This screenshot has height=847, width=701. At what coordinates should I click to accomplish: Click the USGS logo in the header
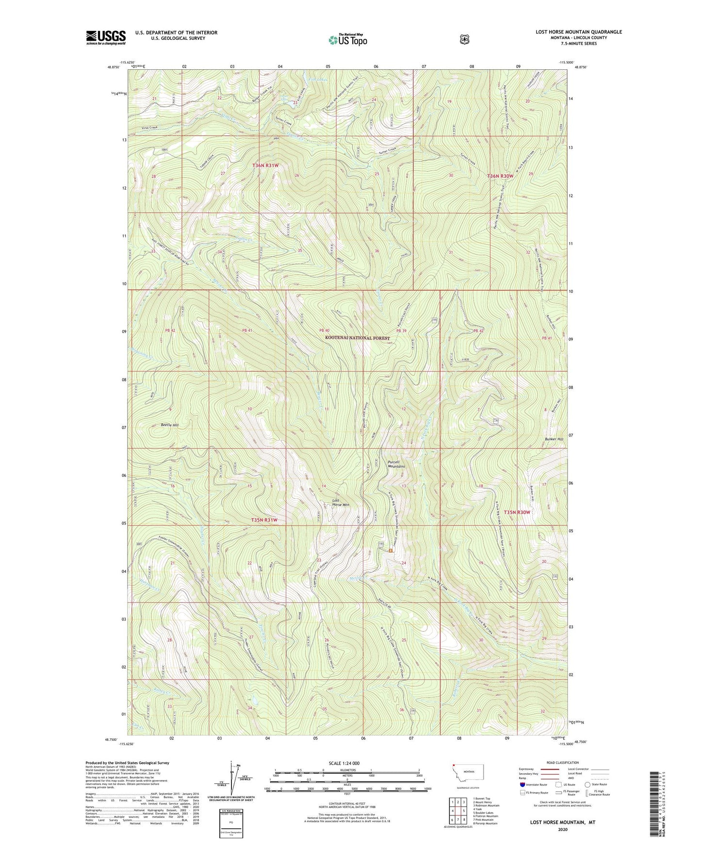click(106, 37)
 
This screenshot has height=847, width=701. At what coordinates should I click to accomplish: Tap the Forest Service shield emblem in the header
click(464, 39)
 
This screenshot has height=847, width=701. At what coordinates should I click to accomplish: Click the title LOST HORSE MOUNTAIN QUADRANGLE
click(578, 32)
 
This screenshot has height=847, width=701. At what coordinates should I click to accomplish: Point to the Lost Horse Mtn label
click(341, 502)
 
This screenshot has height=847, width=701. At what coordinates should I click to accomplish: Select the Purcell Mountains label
click(396, 464)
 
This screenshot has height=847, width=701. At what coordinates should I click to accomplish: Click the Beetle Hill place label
click(169, 425)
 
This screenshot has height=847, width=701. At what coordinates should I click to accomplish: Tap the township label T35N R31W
click(264, 520)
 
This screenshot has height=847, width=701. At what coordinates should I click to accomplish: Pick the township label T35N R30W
click(516, 512)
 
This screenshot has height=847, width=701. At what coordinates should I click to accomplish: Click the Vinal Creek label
click(149, 128)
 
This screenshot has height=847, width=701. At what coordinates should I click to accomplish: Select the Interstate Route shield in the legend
click(522, 784)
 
